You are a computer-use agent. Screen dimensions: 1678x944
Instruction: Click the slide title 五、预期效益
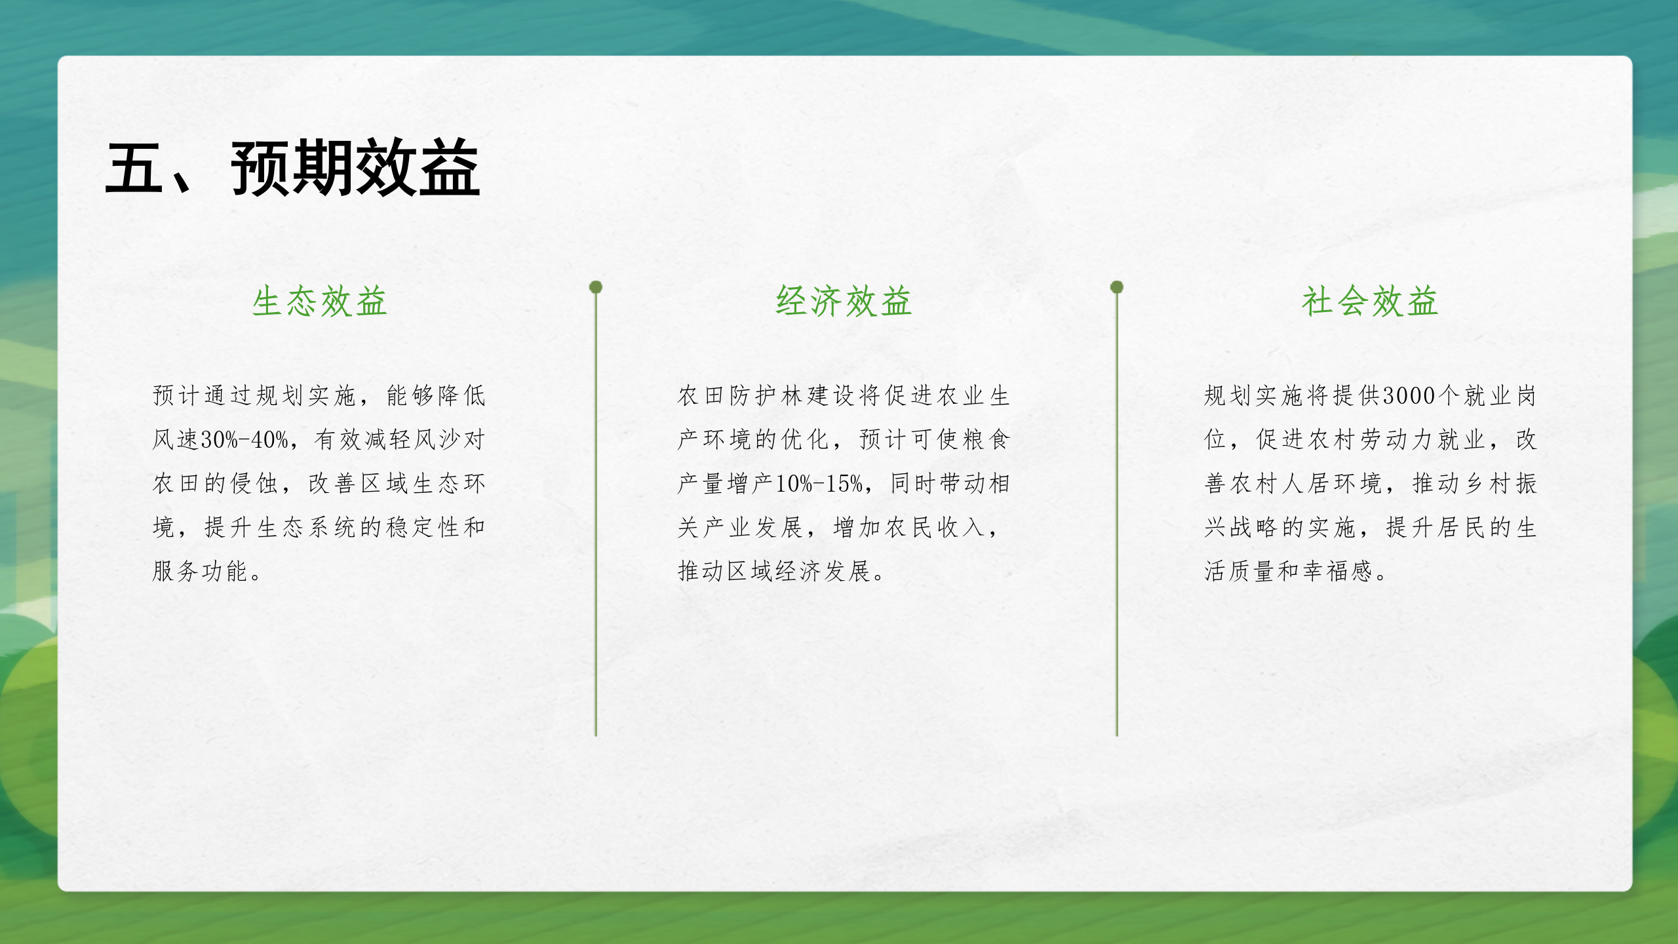(x=292, y=168)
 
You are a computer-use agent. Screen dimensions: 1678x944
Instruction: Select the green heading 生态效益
(x=320, y=302)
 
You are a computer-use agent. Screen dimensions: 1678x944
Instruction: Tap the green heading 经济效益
(x=844, y=302)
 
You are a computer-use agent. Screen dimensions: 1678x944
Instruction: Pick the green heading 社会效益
(x=1370, y=302)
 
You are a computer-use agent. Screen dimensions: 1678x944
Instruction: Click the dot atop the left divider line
(x=596, y=287)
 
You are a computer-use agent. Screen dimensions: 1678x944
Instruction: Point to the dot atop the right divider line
(x=1117, y=287)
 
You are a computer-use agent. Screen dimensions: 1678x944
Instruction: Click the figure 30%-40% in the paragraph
(x=244, y=439)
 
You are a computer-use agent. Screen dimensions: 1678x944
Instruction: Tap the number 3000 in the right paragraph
(x=1409, y=395)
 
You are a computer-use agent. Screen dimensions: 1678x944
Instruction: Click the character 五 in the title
(x=134, y=168)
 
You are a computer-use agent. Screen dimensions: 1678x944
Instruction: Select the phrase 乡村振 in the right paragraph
(x=1500, y=484)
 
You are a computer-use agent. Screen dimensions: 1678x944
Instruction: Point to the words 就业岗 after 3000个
(x=1500, y=395)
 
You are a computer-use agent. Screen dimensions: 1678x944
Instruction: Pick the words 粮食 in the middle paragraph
(x=986, y=439)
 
